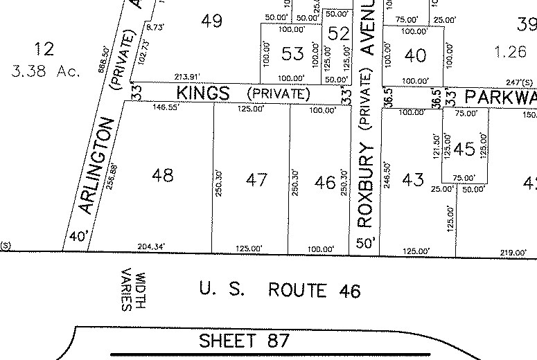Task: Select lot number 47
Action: (256, 180)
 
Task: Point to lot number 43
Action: (412, 179)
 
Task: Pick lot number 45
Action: (464, 148)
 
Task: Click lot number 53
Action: (292, 53)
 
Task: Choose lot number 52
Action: (339, 33)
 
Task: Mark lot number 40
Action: (415, 55)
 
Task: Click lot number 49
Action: (211, 20)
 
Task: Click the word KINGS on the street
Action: (202, 93)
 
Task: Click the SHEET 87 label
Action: (243, 341)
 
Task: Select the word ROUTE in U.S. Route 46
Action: (296, 289)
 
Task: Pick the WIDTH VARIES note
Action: (133, 290)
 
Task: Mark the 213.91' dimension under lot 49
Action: (173, 77)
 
